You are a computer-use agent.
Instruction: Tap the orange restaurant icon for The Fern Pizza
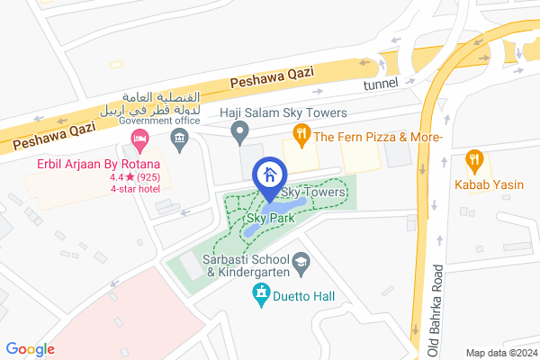pos(301,137)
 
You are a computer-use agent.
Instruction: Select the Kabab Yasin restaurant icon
pos(476,162)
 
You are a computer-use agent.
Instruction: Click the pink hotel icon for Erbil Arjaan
pos(139,139)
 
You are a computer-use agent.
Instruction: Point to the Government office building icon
pos(178,139)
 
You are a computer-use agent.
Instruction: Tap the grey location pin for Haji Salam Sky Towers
pos(239,135)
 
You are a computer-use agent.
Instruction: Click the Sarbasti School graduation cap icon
pos(302,260)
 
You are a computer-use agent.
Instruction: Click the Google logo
pos(30,349)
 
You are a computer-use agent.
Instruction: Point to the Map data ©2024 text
pos(499,352)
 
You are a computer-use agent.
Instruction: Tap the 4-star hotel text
pos(135,189)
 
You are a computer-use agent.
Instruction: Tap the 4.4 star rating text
pos(136,177)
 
